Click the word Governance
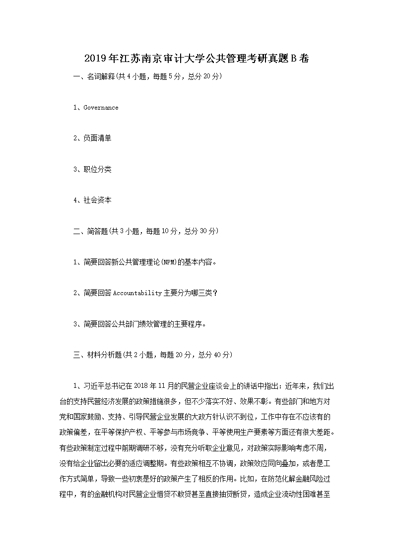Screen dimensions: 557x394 101,108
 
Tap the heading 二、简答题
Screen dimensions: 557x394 90,231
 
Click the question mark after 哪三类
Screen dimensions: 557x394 215,293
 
